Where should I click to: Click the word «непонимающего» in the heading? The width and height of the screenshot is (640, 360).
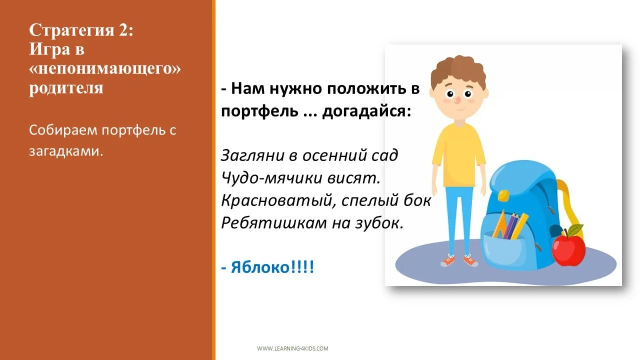tap(105, 69)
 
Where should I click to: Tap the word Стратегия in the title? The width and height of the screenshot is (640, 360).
tap(71, 31)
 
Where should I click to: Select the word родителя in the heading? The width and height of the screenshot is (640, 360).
tap(66, 88)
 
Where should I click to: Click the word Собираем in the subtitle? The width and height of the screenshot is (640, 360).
tap(63, 131)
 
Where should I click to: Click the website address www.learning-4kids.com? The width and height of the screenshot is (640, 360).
tap(292, 348)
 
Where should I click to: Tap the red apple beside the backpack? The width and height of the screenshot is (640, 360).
tap(568, 250)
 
